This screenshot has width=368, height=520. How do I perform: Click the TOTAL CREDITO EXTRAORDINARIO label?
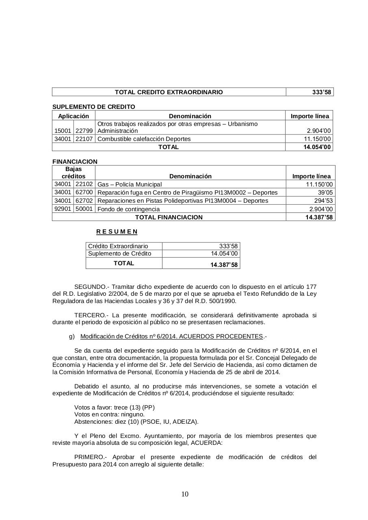[x=169, y=92]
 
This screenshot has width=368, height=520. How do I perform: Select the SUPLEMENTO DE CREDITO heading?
[x=94, y=107]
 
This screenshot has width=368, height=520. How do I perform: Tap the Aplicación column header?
[x=74, y=116]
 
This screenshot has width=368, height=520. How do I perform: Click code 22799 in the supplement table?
[x=84, y=131]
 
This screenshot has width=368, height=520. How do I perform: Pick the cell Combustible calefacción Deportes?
[x=144, y=139]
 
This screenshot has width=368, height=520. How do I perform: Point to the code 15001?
[x=63, y=131]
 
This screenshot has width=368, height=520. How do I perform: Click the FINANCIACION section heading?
[x=75, y=162]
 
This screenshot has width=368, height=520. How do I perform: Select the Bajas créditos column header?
[x=74, y=173]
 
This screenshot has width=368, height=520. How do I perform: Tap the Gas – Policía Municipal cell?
[x=130, y=184]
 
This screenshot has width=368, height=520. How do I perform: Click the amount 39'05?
[x=325, y=193]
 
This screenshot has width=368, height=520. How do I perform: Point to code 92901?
[x=63, y=209]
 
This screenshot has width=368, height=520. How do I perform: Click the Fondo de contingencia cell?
[x=129, y=209]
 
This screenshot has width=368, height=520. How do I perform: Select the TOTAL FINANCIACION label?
[x=169, y=217]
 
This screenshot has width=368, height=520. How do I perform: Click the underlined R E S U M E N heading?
[x=117, y=232]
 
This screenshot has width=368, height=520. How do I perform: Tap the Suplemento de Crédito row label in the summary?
[x=119, y=253]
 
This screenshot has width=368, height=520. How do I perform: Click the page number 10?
[x=185, y=494]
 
